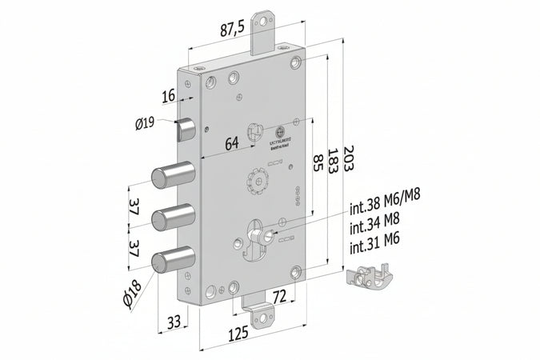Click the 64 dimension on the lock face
coord(231,144)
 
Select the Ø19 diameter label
coord(145,122)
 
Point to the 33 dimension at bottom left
coord(174,322)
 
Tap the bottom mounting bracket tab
coord(260,312)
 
